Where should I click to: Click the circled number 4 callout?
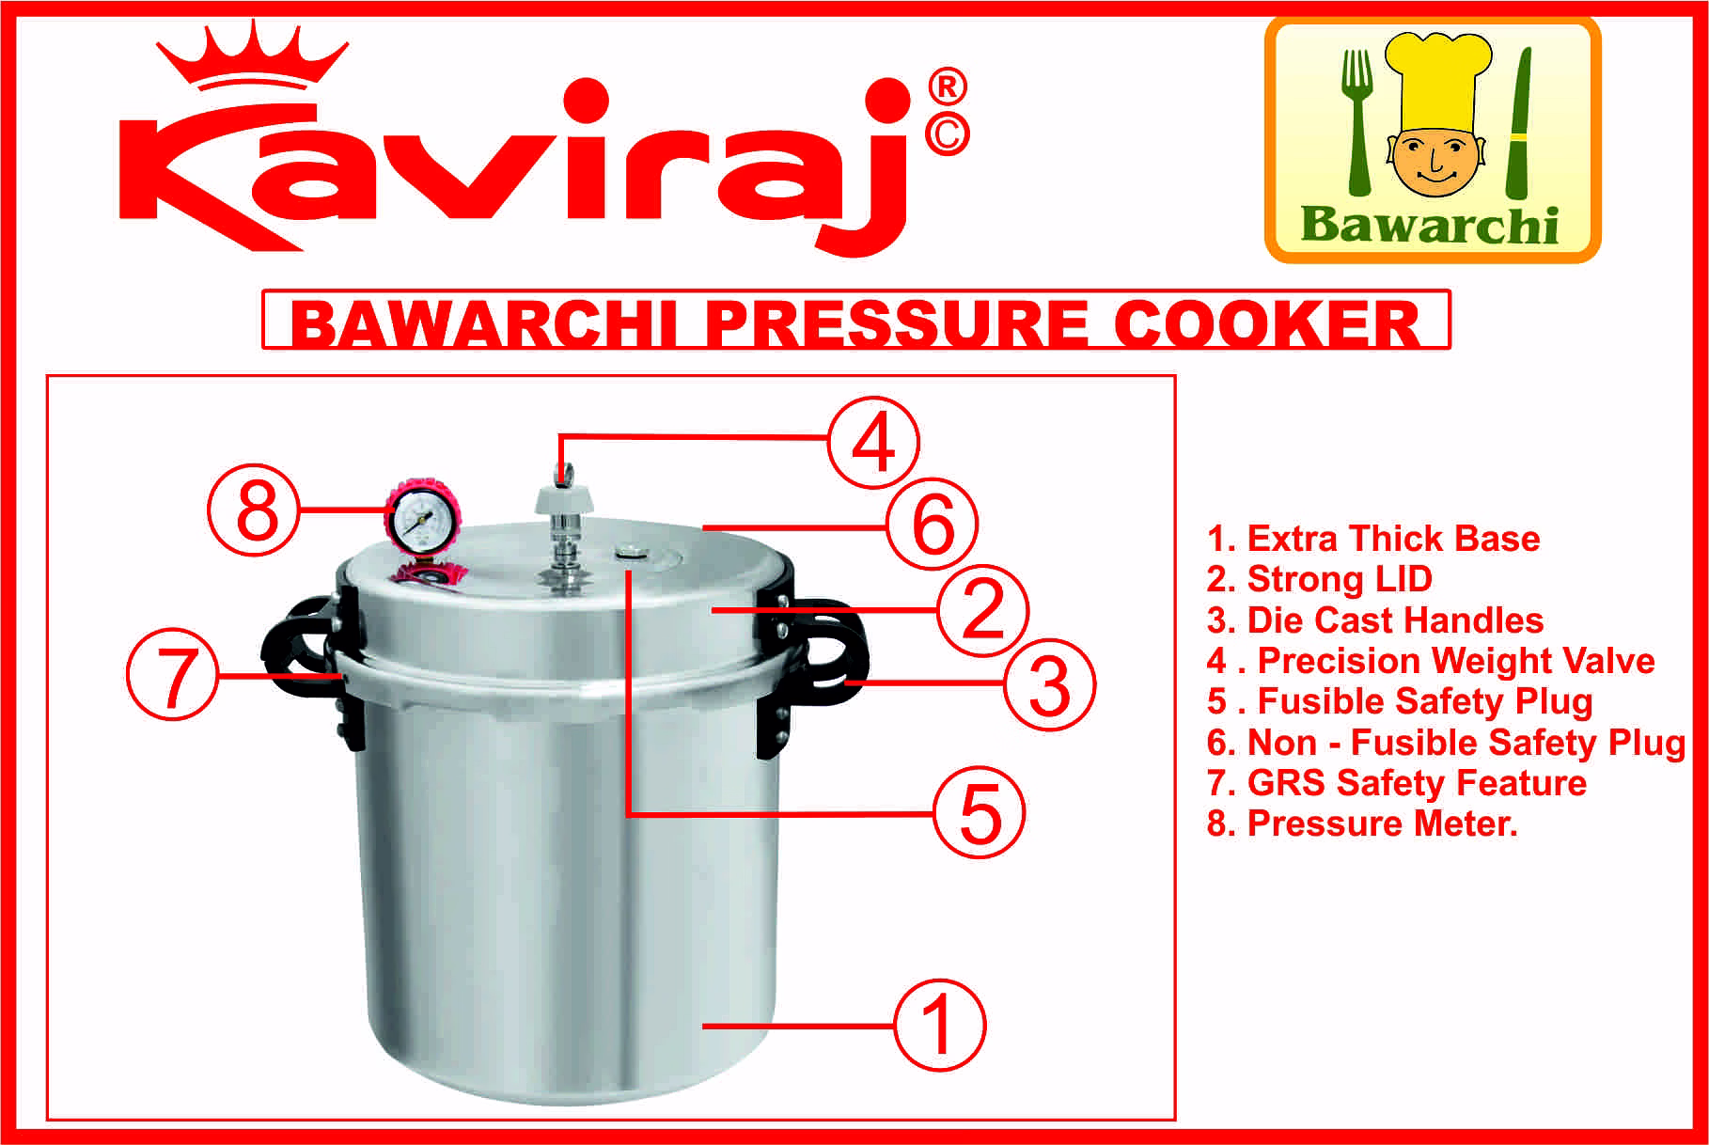point(873,441)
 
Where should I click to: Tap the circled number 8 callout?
point(256,513)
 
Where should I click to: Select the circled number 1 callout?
point(939,1026)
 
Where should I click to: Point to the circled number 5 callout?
point(979,812)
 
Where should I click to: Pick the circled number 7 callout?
point(174,675)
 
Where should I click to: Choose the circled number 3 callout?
point(1049,685)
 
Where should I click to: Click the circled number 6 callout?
point(933,525)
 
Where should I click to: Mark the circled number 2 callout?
point(983,610)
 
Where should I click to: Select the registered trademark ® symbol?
point(948,89)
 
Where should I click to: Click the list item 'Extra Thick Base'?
point(1373,539)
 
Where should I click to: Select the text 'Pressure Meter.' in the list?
point(1362,823)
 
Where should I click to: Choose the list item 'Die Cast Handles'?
point(1375,620)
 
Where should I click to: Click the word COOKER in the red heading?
point(1267,324)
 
